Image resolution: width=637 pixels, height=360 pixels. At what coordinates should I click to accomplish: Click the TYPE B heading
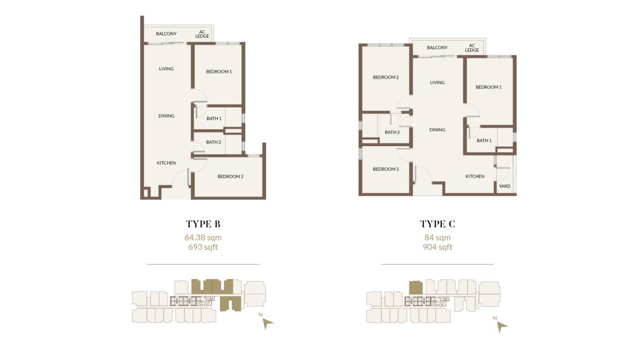[203, 224]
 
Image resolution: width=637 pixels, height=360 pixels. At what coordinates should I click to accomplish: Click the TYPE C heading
[437, 224]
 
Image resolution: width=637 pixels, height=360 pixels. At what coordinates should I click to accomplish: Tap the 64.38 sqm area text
[203, 237]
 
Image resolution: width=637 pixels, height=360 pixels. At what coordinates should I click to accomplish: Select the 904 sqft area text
[437, 247]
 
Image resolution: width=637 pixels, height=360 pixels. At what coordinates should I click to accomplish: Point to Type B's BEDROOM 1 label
[219, 72]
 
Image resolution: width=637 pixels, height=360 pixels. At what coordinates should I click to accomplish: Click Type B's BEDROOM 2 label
[230, 176]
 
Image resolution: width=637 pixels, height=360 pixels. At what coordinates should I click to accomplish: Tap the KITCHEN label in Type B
[166, 163]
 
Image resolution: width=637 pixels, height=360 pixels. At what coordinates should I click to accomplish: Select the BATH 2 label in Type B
[214, 142]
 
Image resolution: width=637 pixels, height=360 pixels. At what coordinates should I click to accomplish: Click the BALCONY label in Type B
[166, 34]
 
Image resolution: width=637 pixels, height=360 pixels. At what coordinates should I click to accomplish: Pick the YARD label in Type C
[505, 186]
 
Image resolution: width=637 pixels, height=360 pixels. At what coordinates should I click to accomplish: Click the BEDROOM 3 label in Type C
[385, 169]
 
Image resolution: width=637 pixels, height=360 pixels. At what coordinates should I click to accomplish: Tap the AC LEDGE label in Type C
[472, 48]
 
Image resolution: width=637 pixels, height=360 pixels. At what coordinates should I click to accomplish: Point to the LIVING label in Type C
[437, 83]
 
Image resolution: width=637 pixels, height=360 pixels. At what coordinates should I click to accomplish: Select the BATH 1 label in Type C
[484, 141]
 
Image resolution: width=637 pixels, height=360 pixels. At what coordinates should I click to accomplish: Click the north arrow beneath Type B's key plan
[268, 323]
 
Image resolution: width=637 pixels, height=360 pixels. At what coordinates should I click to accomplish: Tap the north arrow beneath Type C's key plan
[502, 327]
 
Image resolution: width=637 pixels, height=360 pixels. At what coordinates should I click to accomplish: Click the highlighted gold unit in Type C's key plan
[416, 288]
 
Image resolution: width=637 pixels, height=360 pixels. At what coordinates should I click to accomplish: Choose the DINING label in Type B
[166, 116]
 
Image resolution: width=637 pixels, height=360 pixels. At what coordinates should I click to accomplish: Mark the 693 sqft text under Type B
[203, 247]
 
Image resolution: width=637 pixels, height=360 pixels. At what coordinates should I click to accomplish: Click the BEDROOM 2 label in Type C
[385, 77]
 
